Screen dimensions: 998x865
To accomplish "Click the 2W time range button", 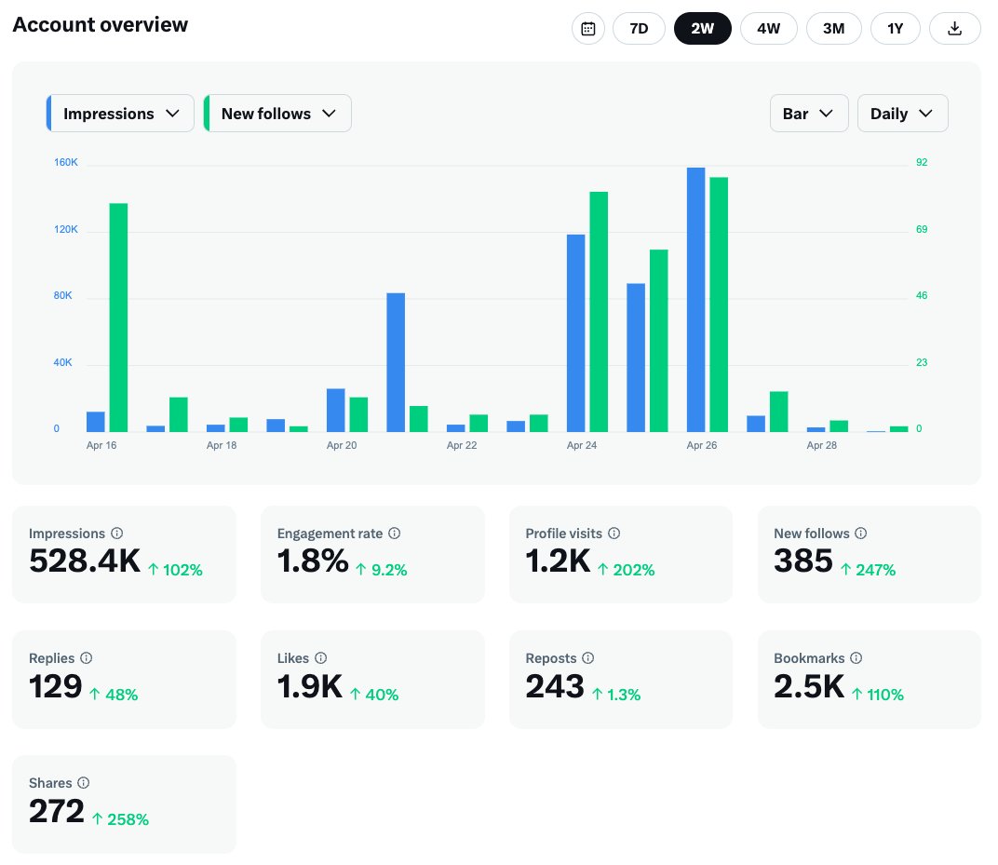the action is pyautogui.click(x=702, y=29).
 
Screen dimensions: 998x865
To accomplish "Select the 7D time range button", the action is pyautogui.click(x=639, y=29).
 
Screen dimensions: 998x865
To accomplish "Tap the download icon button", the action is pyautogui.click(x=954, y=29).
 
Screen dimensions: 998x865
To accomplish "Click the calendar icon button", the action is pyautogui.click(x=588, y=29).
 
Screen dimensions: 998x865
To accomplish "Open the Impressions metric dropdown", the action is pyautogui.click(x=120, y=114).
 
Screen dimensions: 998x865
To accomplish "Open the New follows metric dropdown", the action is pyautogui.click(x=277, y=114).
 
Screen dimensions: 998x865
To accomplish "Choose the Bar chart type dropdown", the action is pyautogui.click(x=809, y=114).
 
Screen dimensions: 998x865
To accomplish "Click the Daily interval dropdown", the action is pyautogui.click(x=902, y=114).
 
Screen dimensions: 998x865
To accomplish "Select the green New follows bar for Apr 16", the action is pyautogui.click(x=118, y=318).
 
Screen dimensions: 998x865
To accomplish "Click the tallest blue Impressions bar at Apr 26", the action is pyautogui.click(x=695, y=300).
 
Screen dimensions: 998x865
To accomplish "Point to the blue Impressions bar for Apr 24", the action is pyautogui.click(x=576, y=333).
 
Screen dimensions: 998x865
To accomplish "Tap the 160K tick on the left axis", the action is pyautogui.click(x=65, y=162).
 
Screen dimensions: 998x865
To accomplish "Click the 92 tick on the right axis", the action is pyautogui.click(x=922, y=162).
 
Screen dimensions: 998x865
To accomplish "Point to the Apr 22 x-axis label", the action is pyautogui.click(x=462, y=446).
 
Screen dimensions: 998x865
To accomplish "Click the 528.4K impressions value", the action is pyautogui.click(x=85, y=561).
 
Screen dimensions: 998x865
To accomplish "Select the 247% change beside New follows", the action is pyautogui.click(x=875, y=570).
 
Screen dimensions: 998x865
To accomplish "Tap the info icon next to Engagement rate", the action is pyautogui.click(x=395, y=534).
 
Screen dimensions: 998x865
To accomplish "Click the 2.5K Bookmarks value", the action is pyautogui.click(x=809, y=686).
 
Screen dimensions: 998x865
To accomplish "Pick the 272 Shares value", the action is pyautogui.click(x=57, y=811).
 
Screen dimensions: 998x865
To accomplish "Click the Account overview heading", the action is pyautogui.click(x=101, y=25).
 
